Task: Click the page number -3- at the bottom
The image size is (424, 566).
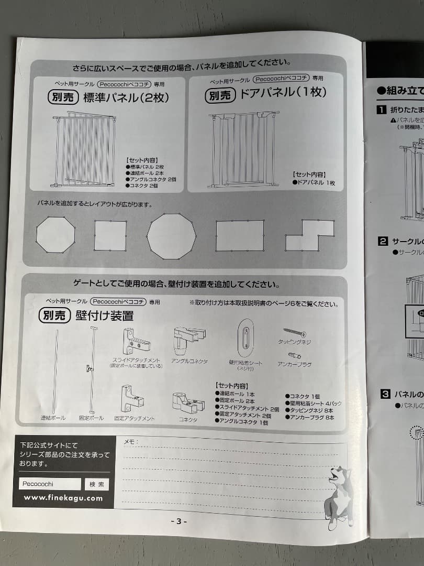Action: coord(178,521)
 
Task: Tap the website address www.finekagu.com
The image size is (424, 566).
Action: coord(63,498)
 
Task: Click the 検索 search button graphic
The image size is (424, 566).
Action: coord(97,484)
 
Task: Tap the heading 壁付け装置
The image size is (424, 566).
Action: coord(104,315)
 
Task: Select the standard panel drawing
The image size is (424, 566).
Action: coord(85,150)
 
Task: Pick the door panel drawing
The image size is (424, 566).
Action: coord(243,150)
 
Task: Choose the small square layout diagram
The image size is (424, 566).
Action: coord(110,235)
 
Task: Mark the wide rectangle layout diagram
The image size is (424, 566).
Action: coord(240,235)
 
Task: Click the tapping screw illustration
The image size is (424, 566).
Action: coord(295,332)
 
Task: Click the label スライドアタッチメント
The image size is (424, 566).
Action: coord(136,360)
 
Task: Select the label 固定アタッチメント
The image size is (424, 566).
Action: coord(135,418)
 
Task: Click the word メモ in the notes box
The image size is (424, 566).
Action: coord(130,441)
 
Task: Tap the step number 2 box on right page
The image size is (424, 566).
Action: coord(383,242)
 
